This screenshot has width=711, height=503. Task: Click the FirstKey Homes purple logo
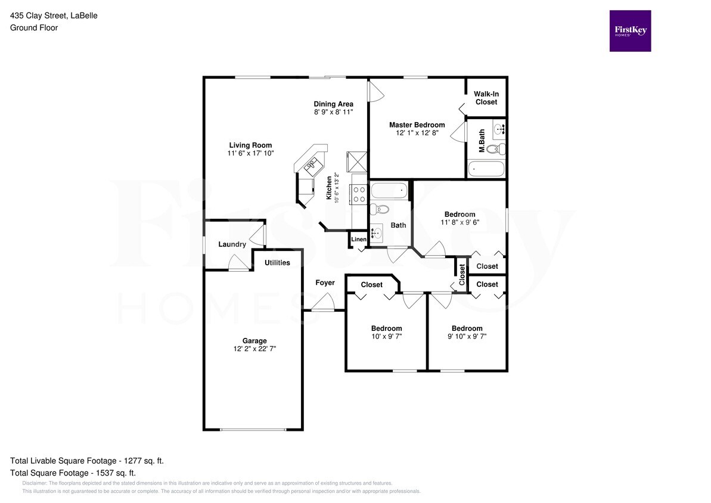(630, 31)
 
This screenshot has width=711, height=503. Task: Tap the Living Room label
(250, 145)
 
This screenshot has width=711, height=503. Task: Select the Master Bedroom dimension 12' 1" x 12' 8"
(417, 133)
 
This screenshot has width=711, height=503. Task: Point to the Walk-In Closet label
(486, 98)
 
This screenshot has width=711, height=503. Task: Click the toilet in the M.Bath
(496, 148)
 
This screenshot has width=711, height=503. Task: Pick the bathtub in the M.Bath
(486, 169)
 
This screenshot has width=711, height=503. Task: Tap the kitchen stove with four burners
(359, 194)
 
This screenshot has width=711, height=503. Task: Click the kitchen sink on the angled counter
(312, 166)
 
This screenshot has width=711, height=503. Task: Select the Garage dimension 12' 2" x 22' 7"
(254, 349)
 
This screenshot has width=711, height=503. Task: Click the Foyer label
(325, 282)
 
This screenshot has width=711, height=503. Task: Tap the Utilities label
(277, 263)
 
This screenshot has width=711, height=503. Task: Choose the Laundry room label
(232, 244)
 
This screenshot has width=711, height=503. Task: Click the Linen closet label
(359, 239)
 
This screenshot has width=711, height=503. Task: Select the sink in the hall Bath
(376, 234)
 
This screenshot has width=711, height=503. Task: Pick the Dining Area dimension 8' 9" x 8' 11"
(333, 111)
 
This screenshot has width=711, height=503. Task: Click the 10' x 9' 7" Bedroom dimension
(386, 336)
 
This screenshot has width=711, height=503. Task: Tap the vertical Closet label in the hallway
(462, 274)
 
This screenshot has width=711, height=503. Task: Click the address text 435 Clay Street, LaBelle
(54, 15)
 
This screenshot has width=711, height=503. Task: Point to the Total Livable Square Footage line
(87, 461)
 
